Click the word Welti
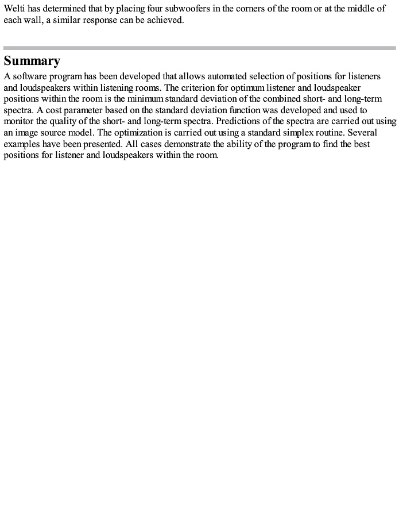click(15, 9)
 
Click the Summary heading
click(32, 61)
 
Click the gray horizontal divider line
click(199, 48)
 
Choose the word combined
click(271, 99)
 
